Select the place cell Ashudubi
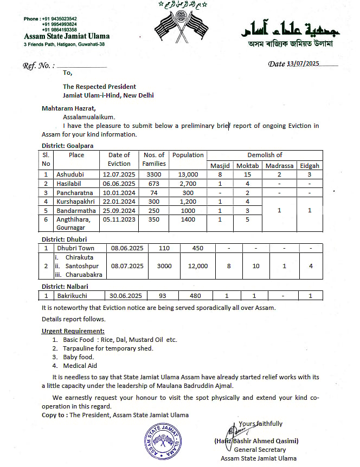(x=69, y=174)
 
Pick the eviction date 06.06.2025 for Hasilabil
(x=119, y=184)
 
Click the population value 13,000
(x=188, y=174)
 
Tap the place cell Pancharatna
(x=73, y=193)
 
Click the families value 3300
(x=154, y=174)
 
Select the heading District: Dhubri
(x=65, y=239)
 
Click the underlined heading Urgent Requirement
(x=73, y=330)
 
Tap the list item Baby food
(x=79, y=357)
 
